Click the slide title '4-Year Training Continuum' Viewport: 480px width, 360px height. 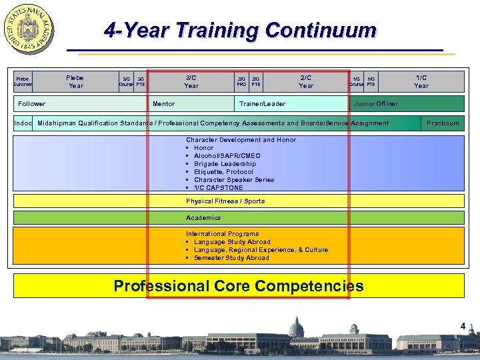point(241,31)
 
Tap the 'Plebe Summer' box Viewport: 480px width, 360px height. point(23,81)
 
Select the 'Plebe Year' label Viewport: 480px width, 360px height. point(75,81)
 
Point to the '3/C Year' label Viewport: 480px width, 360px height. point(191,81)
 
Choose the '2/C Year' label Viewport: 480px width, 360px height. point(306,81)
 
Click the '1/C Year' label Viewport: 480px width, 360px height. point(421,81)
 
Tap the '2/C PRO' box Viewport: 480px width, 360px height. point(241,81)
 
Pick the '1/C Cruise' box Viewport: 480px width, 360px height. point(357,81)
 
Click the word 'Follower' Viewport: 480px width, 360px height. point(32,104)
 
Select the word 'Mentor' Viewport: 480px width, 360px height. point(164,104)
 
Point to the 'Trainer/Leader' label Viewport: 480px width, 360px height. point(262,104)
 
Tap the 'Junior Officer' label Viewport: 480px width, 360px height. point(376,104)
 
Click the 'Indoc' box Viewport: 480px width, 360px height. point(23,123)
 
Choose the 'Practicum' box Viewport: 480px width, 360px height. point(443,123)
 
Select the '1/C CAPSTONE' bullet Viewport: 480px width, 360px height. point(219,188)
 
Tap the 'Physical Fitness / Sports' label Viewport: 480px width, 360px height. point(225,201)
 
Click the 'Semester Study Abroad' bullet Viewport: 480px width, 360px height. point(231,258)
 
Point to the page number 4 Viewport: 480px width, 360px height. point(463,326)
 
